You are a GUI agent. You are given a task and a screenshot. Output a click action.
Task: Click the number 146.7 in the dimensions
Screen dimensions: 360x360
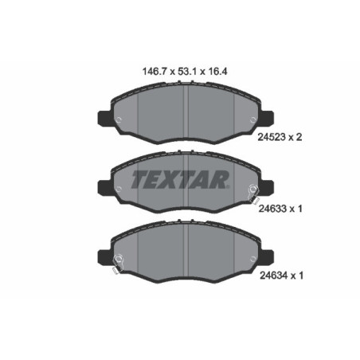coord(143,69)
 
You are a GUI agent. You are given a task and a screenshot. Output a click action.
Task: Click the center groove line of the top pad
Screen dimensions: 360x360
coord(185,112)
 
